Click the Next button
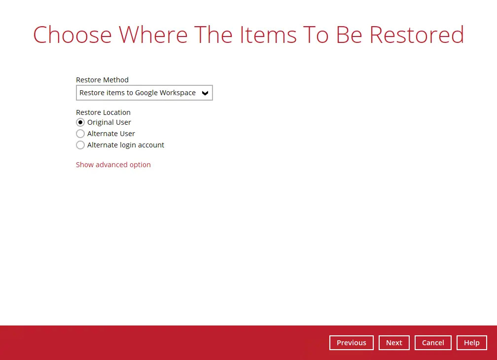coord(394,343)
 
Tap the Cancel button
coord(433,343)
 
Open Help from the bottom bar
coord(471,343)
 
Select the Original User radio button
coord(80,122)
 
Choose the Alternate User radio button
coord(80,134)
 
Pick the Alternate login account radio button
coord(80,145)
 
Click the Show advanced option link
coord(113,165)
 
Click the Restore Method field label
coord(102,80)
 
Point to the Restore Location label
coord(103,112)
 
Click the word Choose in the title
coord(72,35)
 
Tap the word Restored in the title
coord(417,35)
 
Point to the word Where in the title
coord(153,35)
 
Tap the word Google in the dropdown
coord(146,93)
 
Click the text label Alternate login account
coord(126,145)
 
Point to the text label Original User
coord(109,122)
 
